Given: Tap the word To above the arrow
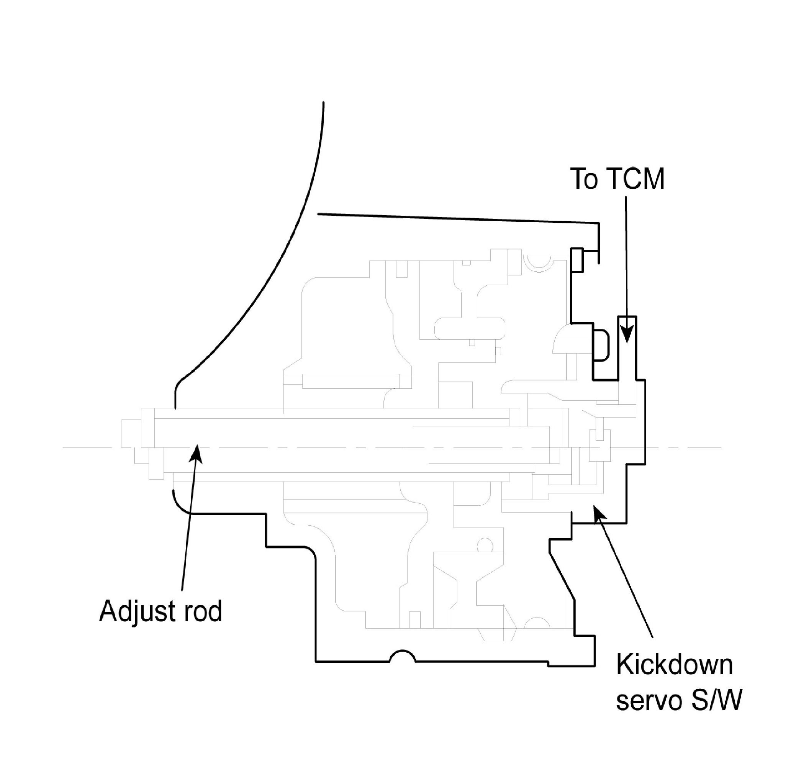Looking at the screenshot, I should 584,179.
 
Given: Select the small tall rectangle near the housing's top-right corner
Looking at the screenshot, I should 576,260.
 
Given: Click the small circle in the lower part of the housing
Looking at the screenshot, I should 485,546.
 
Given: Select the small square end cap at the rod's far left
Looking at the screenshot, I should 131,434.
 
